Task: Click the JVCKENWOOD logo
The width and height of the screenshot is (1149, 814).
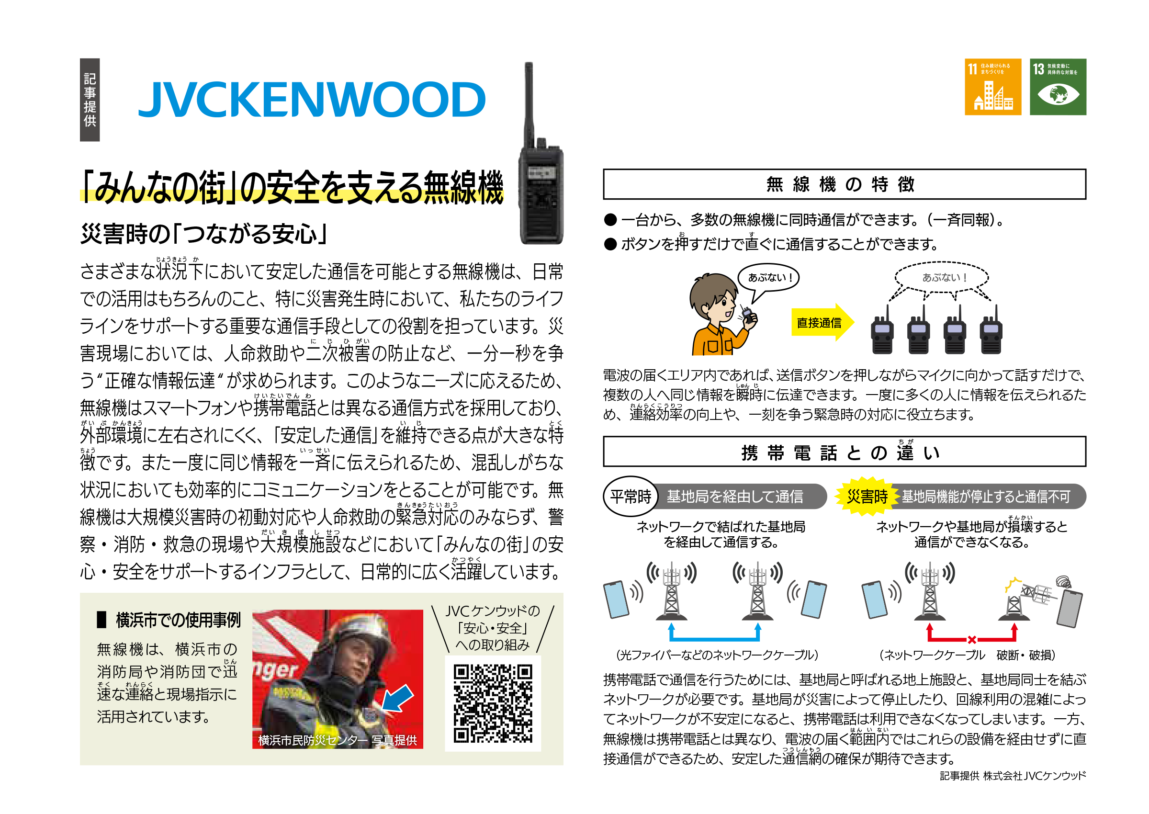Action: (x=311, y=99)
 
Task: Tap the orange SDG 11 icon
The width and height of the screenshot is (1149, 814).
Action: (x=992, y=87)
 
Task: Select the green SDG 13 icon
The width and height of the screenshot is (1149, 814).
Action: (x=1057, y=87)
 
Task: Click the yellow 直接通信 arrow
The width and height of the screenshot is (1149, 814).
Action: (x=822, y=322)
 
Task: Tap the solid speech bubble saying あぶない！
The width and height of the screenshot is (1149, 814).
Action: (x=768, y=278)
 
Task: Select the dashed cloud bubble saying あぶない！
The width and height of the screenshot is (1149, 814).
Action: (x=941, y=277)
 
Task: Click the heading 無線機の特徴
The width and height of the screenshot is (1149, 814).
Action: (x=844, y=184)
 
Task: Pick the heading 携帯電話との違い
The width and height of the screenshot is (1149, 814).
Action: (x=844, y=452)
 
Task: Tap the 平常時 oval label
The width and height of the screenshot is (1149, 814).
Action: (x=631, y=496)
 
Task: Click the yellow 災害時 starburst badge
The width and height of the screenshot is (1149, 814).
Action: (x=866, y=496)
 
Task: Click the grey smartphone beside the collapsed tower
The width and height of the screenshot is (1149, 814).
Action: (x=1069, y=609)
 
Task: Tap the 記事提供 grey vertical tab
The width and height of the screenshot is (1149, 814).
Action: (x=90, y=99)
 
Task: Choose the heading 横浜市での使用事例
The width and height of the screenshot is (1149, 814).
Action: (x=178, y=620)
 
